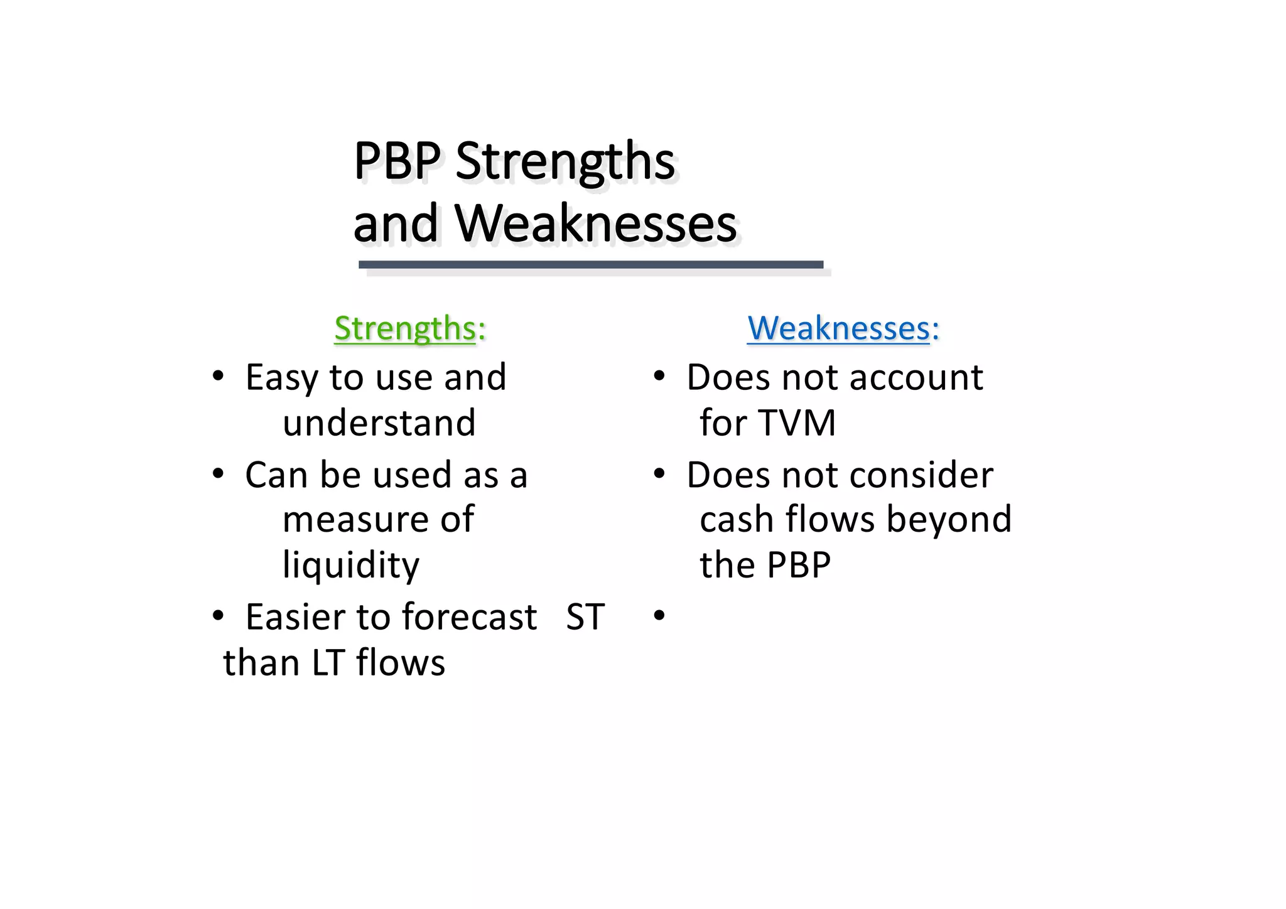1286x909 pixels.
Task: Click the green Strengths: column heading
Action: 410,328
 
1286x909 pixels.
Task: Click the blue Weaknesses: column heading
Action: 843,328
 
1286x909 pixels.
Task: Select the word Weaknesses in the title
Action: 595,223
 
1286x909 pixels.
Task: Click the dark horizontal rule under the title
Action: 590,265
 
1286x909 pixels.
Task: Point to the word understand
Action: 379,422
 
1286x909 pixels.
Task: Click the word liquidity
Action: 350,564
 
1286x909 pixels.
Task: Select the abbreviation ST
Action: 585,616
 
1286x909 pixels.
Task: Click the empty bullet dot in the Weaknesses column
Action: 659,616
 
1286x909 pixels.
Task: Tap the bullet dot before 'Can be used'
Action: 217,474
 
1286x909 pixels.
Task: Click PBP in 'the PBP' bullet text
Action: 799,564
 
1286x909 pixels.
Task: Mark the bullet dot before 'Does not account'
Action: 659,377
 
